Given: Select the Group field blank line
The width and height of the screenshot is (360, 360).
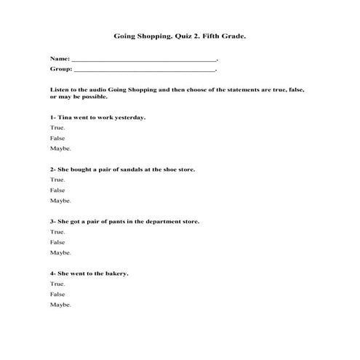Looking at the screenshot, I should [145, 71].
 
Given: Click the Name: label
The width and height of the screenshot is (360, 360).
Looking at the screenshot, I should [60, 57].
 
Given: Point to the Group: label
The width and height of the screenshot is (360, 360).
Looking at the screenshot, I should [61, 71].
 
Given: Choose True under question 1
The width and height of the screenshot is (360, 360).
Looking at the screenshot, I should [57, 127].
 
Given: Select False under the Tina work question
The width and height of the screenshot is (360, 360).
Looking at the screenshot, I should [57, 137].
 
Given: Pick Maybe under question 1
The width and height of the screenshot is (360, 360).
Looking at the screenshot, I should [60, 148].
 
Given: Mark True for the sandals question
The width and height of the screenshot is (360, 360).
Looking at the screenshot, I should [57, 180].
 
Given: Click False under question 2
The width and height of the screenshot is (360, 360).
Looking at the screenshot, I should [57, 190].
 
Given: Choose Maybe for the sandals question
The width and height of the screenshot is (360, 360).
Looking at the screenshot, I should [60, 200].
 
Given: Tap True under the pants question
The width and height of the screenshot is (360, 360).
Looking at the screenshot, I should [57, 231].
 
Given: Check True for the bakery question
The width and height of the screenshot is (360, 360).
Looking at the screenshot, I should [57, 284].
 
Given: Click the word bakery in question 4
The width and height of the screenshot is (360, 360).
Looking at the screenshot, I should [116, 273].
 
